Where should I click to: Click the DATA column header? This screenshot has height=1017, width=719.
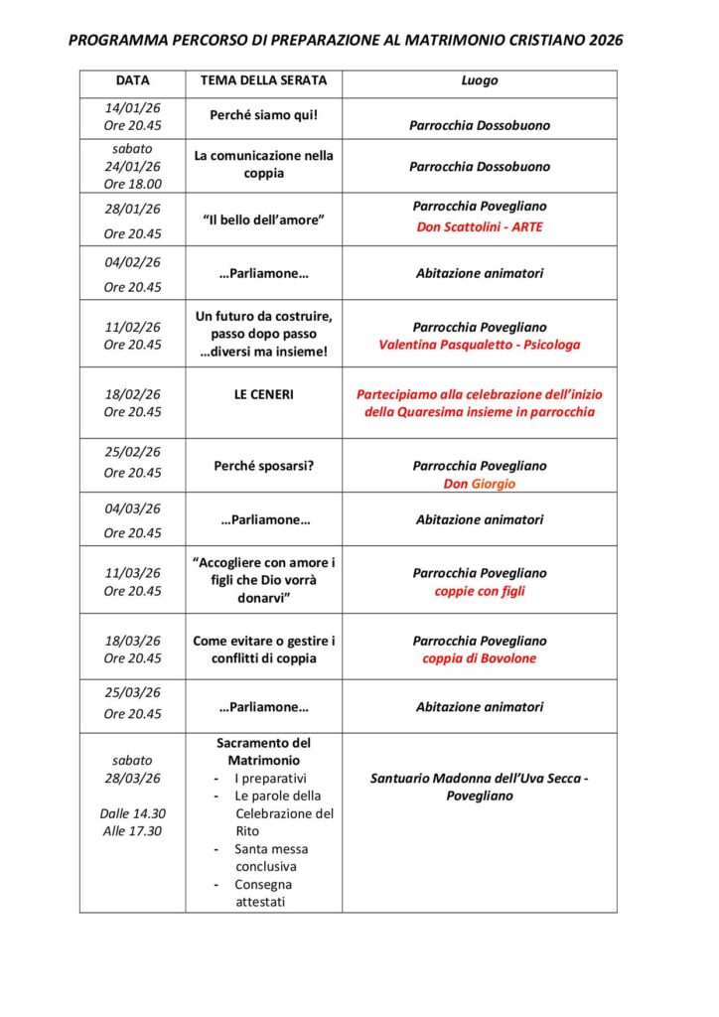point(132,81)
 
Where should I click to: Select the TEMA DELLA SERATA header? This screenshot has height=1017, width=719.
point(263,81)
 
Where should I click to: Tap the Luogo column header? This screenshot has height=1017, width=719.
point(479,81)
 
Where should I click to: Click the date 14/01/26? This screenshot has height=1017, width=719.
point(132,108)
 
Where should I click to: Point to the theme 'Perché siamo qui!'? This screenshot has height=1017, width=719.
point(263,115)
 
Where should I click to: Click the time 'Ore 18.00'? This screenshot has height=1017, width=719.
point(132,184)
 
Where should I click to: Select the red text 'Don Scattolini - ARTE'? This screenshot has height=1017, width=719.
point(480,227)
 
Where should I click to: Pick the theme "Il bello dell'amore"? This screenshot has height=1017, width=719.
point(263,219)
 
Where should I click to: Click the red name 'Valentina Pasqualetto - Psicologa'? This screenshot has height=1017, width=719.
point(480,346)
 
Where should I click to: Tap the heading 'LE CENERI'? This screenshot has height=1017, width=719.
point(263,394)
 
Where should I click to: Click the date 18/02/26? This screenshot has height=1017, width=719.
point(132,394)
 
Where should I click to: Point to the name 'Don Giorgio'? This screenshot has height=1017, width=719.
point(480,485)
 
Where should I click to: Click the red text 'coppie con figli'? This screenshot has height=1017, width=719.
point(480,592)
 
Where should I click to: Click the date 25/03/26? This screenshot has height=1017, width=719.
point(132,692)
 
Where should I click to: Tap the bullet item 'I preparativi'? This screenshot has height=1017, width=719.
point(270,779)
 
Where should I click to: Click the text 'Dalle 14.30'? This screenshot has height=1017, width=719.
point(132,813)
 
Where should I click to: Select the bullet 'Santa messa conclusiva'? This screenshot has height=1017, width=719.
point(271,858)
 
